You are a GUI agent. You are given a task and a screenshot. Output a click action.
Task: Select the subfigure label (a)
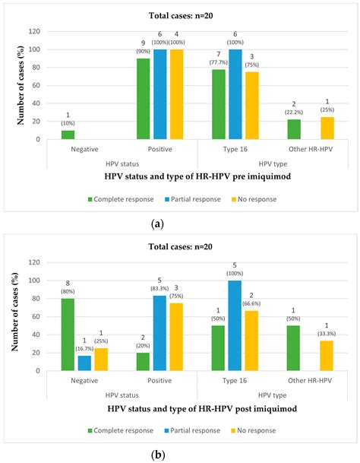[179, 224]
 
